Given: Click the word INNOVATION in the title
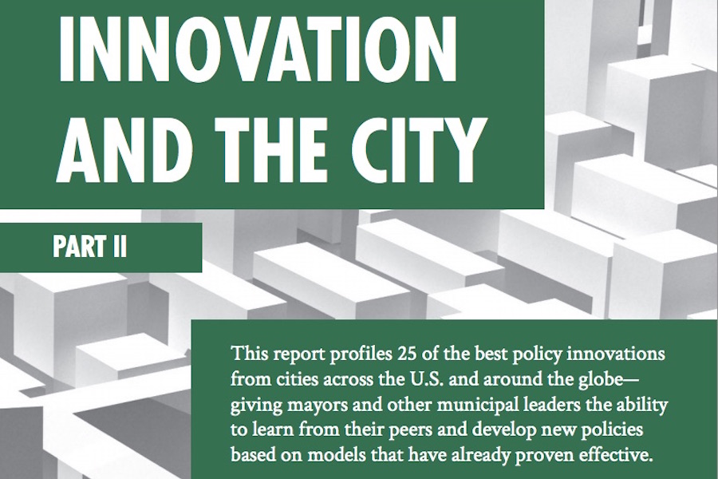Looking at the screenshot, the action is pyautogui.click(x=258, y=49).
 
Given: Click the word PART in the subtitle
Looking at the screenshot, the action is pyautogui.click(x=77, y=247).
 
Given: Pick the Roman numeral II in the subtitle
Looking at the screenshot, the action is pyautogui.click(x=117, y=247).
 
